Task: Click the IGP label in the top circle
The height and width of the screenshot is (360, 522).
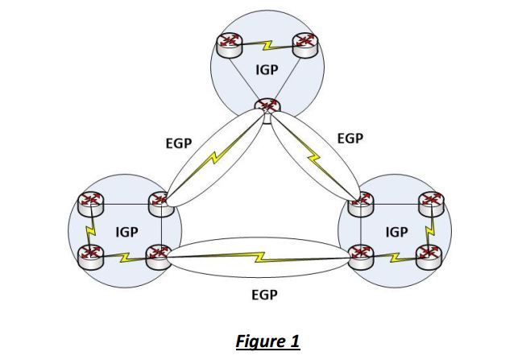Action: pos(266,70)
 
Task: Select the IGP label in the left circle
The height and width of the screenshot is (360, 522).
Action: pos(126,232)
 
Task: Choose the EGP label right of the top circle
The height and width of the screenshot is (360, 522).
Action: pos(350,139)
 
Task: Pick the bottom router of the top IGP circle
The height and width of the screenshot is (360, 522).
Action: pos(267,106)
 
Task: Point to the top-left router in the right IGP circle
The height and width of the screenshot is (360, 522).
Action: pos(359,203)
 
